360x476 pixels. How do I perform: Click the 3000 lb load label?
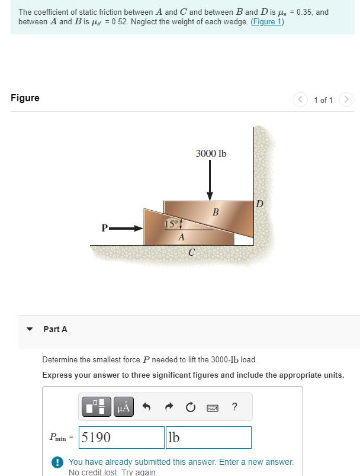211,154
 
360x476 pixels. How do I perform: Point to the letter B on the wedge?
216,212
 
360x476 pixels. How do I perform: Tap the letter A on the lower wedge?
182,237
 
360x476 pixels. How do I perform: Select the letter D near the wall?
259,204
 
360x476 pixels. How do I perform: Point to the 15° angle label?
171,224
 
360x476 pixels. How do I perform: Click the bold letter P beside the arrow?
105,228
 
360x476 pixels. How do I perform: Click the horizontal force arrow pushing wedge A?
127,228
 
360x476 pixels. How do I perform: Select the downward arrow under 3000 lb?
210,181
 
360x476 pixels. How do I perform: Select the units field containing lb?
208,438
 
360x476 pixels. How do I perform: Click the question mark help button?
235,407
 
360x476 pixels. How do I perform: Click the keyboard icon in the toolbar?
213,407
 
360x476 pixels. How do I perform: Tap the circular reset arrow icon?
190,407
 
